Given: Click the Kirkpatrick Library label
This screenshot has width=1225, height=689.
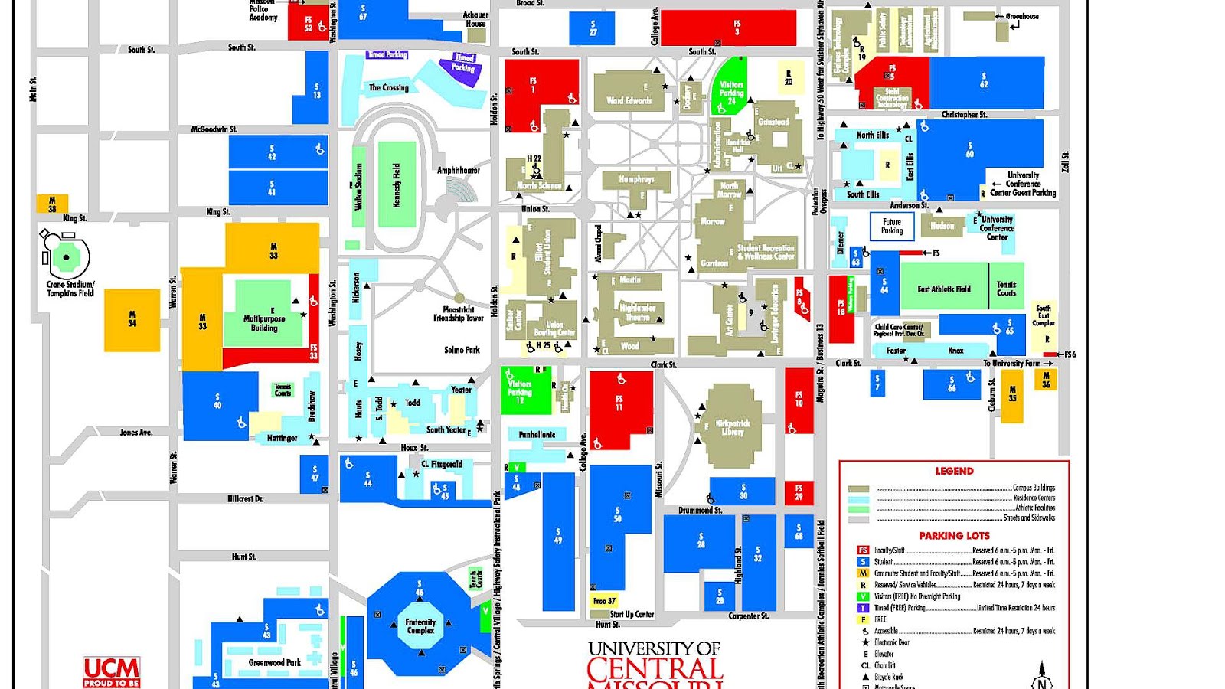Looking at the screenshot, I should point(733,427).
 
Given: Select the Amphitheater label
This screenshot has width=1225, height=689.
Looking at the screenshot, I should point(459,171).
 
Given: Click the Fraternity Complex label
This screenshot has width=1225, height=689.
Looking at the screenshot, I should point(420,626).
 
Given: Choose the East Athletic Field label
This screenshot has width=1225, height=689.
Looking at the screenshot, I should point(944,289).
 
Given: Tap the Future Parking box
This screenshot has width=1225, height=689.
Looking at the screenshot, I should point(892,227).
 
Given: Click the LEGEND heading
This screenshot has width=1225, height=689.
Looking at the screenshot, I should point(954,471).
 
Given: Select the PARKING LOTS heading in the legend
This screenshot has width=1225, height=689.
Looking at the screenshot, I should point(954,536).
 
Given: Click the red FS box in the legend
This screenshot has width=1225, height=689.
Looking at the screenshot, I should point(863,550).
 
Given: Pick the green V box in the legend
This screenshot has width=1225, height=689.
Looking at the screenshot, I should point(863,596).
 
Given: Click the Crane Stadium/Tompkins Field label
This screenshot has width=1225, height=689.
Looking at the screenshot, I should point(70,289).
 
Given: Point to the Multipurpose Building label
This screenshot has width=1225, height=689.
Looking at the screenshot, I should point(264,323).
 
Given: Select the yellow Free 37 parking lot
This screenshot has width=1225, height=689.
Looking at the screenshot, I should point(603,601).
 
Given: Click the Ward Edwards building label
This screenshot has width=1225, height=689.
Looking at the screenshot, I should point(629,100).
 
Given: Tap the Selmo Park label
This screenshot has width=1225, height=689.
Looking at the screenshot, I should point(462,350).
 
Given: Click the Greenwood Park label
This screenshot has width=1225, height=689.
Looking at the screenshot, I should point(274,663).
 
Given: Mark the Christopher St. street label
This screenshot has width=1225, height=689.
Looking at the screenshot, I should point(964,115).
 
